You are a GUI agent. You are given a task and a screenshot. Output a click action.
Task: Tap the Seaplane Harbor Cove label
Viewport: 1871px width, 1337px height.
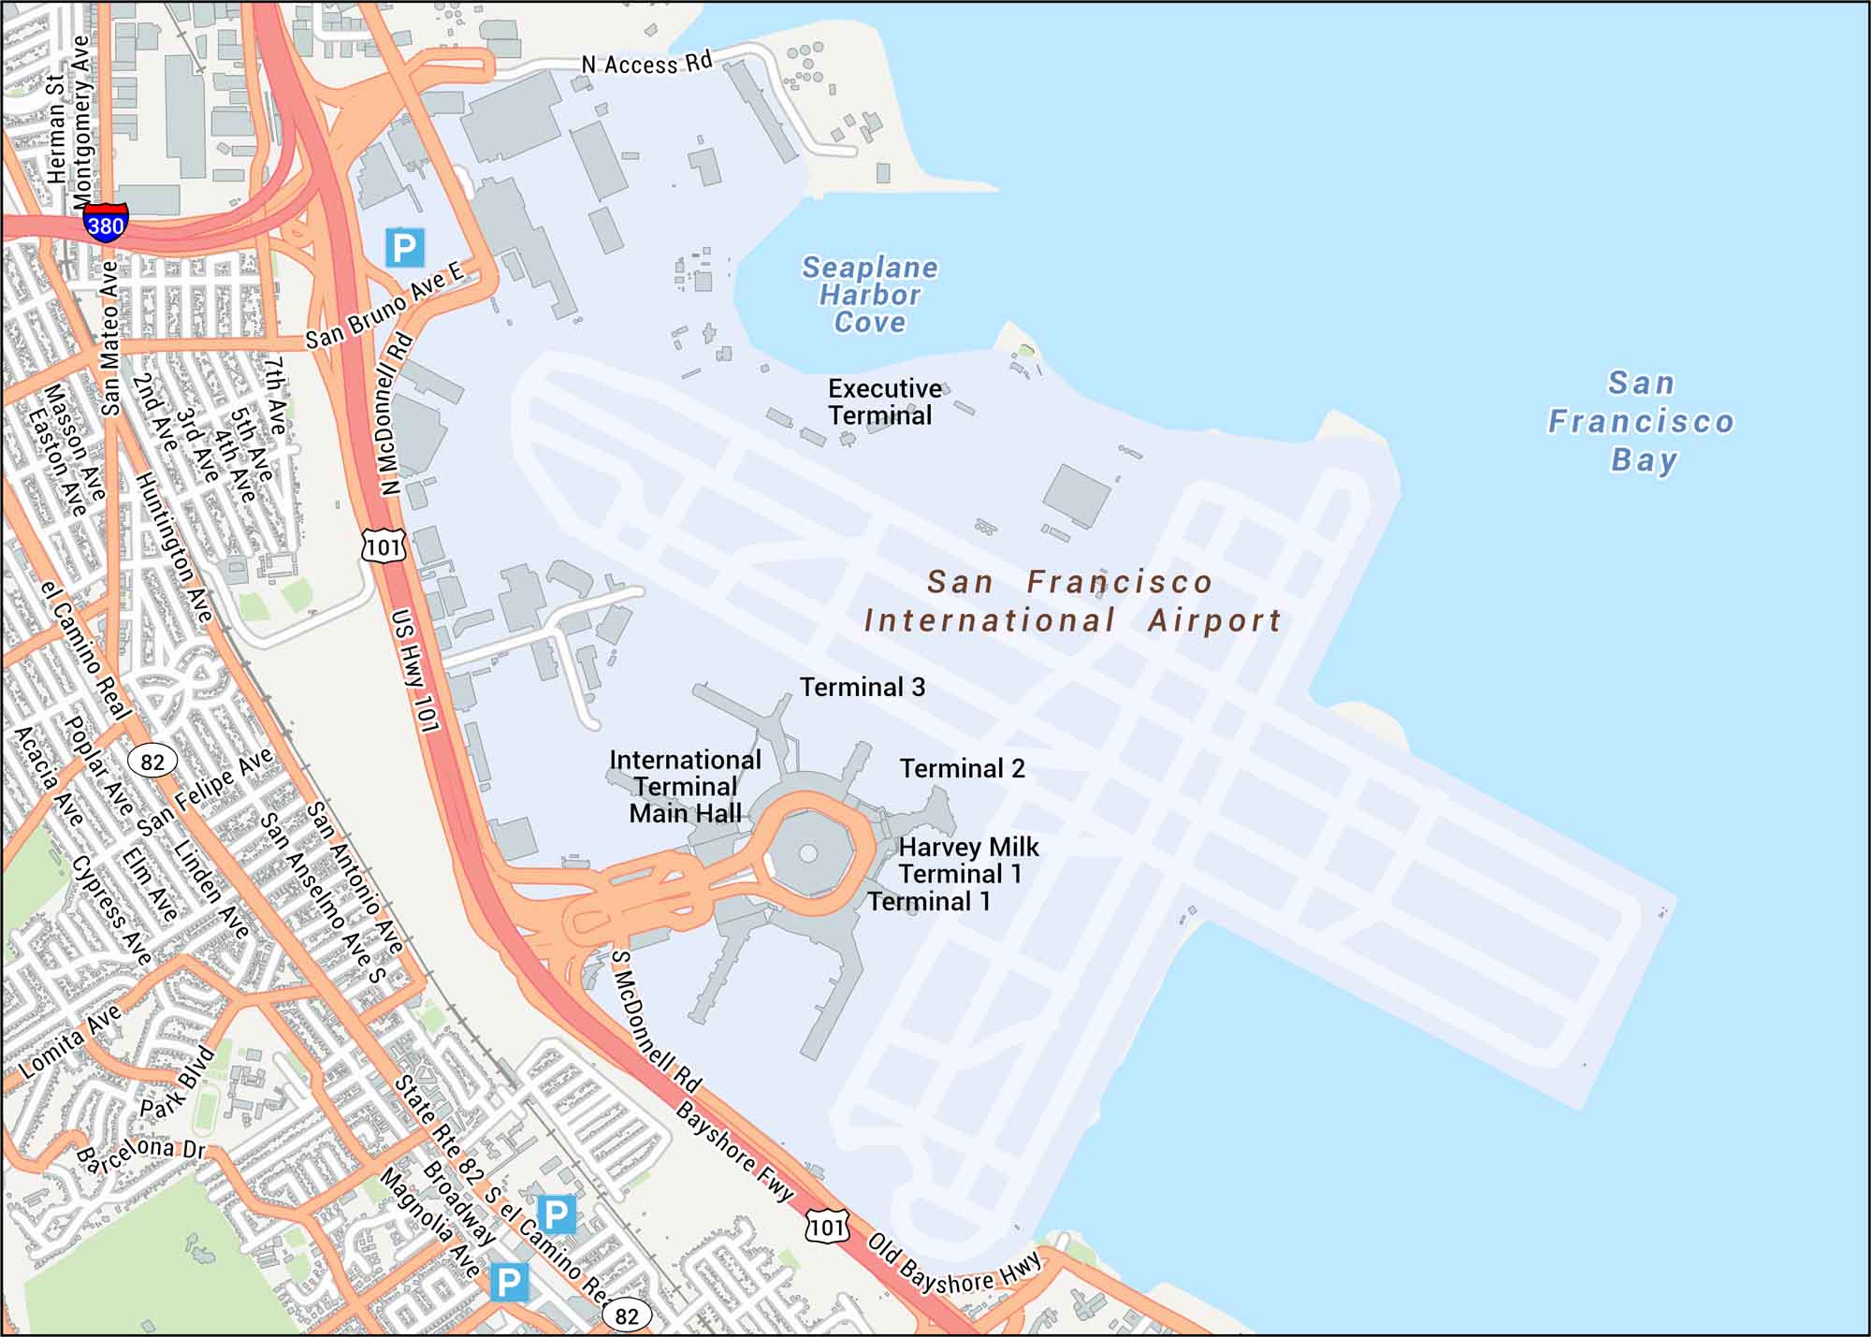coord(869,295)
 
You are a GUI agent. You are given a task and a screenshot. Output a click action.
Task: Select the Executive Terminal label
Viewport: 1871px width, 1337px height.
coord(883,401)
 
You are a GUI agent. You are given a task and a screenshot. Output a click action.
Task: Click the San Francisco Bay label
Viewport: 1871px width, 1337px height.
coord(1642,421)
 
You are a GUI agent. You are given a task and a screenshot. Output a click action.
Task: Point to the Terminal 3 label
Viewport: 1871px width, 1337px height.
coord(862,687)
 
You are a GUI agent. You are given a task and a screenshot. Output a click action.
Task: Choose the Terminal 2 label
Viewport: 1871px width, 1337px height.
coord(962,768)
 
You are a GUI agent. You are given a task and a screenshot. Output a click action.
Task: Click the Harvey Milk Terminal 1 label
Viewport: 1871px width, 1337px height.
coord(967,860)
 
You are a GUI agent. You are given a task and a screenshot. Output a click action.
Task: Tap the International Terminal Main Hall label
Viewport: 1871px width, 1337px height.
coord(685,786)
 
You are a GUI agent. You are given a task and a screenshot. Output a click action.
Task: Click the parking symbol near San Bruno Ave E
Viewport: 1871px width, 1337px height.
coord(404,247)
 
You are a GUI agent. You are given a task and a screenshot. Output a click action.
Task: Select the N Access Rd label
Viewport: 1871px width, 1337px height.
coord(646,64)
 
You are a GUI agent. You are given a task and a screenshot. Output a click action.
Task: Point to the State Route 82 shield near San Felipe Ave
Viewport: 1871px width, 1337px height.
coord(152,762)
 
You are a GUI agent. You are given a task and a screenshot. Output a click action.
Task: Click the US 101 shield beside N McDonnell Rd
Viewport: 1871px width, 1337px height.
coord(384,545)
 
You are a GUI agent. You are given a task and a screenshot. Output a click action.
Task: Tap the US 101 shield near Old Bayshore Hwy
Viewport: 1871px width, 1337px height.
coord(827,1227)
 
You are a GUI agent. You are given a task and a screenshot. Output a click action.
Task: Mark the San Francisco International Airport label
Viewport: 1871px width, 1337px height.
coord(1071,601)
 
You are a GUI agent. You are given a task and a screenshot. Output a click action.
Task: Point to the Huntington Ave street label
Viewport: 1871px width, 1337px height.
coord(174,547)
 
